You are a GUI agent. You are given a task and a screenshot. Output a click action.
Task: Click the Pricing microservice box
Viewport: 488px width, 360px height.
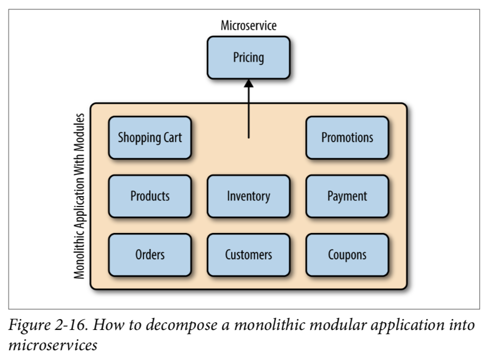click(248, 58)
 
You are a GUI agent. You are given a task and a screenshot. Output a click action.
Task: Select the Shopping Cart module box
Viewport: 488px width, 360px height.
click(150, 137)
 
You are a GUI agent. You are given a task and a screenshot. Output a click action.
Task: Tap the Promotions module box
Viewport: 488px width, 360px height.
click(347, 137)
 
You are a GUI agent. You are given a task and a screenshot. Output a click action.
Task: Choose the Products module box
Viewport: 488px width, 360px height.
click(150, 196)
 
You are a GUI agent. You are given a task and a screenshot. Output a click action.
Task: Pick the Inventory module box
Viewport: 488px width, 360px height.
click(248, 196)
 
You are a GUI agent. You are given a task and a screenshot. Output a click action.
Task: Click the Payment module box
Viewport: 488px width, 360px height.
click(347, 196)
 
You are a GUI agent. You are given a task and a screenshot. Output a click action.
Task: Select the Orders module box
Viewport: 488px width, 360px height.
click(150, 255)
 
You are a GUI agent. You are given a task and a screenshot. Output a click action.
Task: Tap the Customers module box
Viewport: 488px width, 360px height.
click(248, 255)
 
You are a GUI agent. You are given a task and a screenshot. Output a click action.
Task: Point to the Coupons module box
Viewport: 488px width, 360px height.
click(347, 255)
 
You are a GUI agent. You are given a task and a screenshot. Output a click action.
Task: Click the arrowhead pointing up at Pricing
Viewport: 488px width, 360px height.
click(248, 84)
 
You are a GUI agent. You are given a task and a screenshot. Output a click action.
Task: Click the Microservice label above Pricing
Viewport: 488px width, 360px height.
click(249, 25)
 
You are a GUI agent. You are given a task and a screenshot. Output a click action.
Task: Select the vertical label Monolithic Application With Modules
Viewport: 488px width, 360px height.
click(79, 196)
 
